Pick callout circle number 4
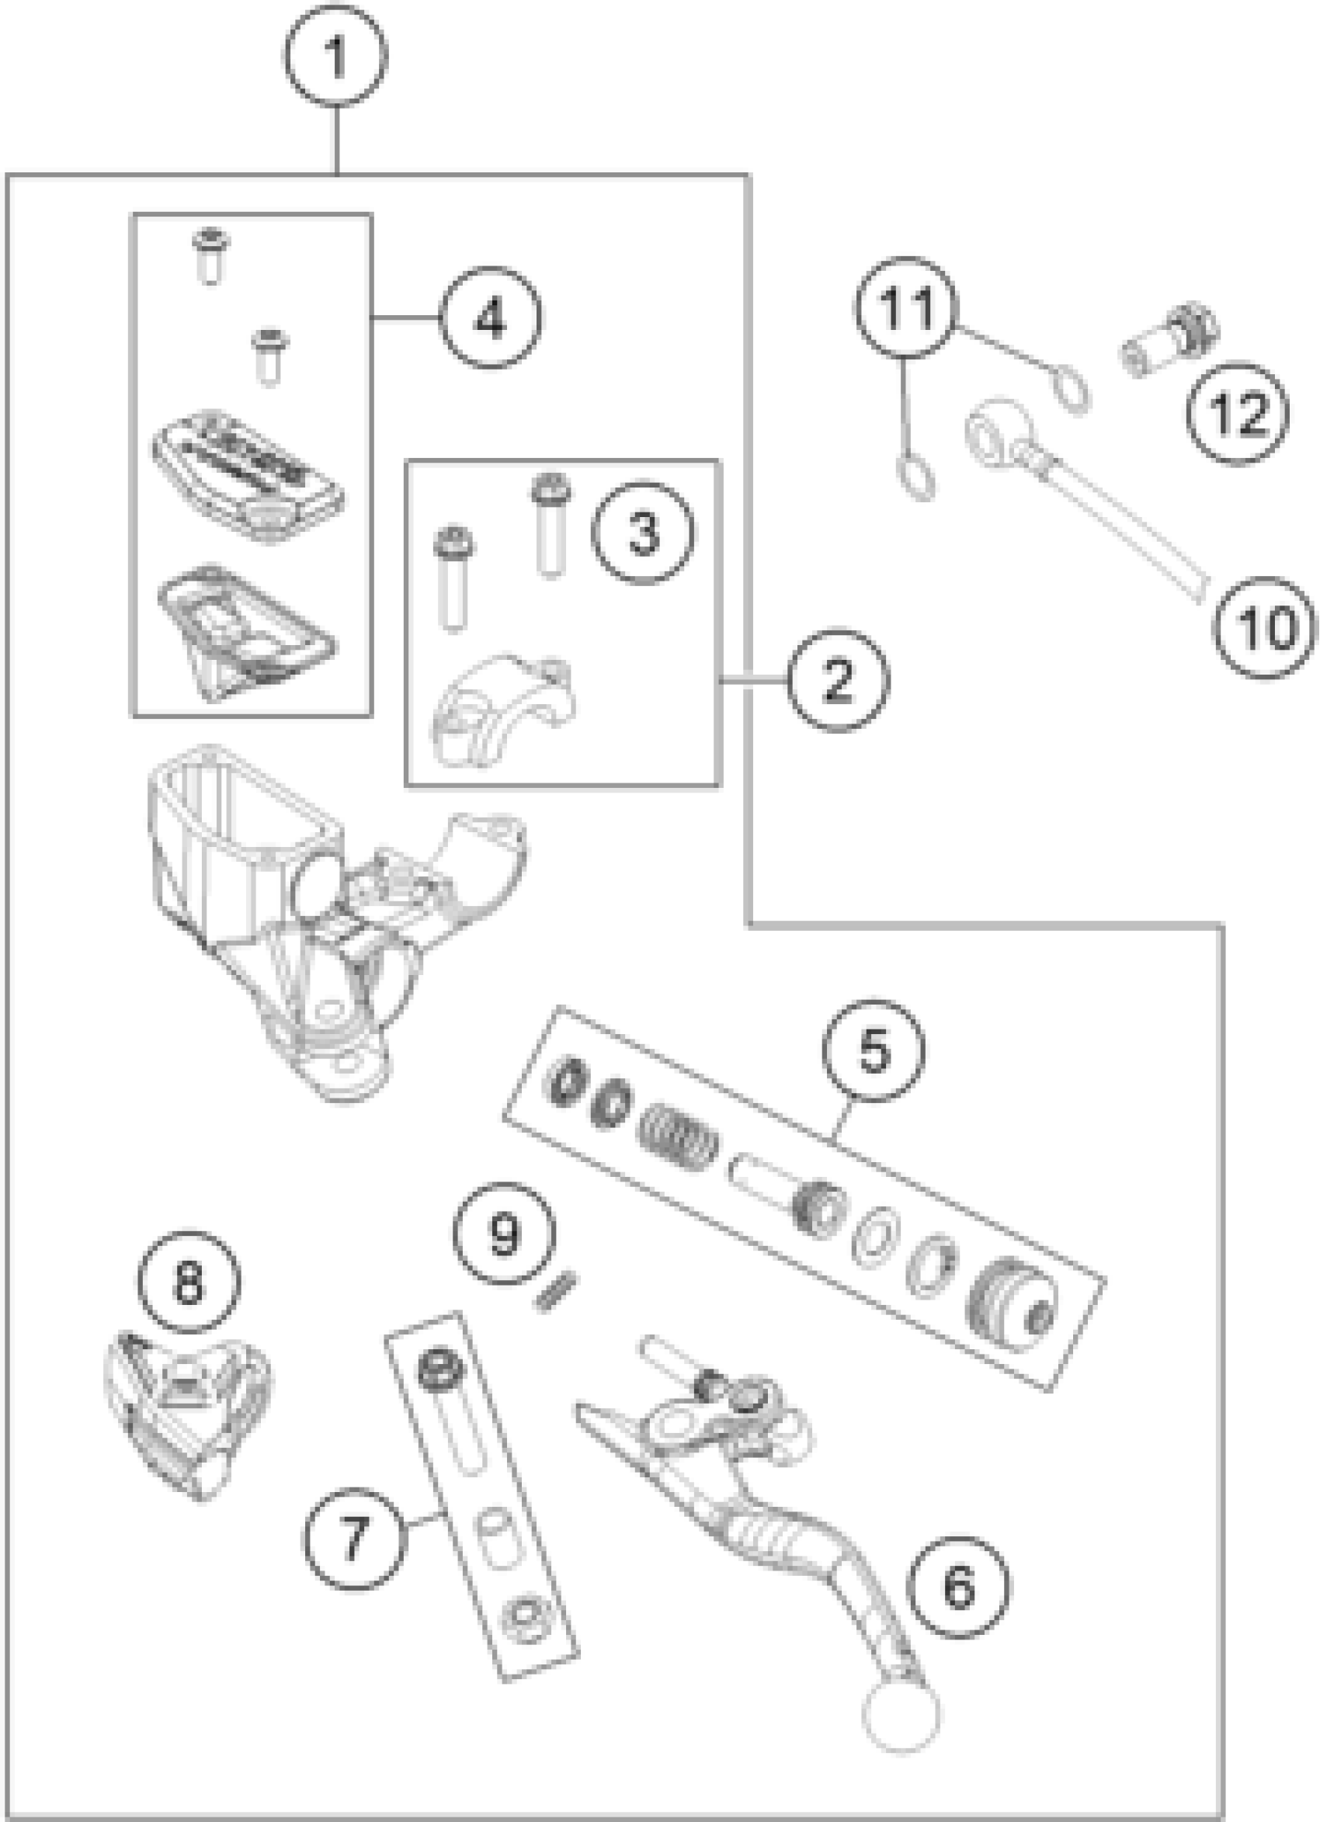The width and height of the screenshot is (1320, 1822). coord(491,319)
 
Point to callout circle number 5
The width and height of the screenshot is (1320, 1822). coord(874,1051)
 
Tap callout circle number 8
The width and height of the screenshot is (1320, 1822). coord(189,1283)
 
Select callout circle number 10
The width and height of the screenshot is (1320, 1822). coord(1265,628)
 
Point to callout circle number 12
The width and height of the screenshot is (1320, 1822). coord(1238,413)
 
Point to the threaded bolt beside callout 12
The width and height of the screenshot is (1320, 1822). coord(1169,338)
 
